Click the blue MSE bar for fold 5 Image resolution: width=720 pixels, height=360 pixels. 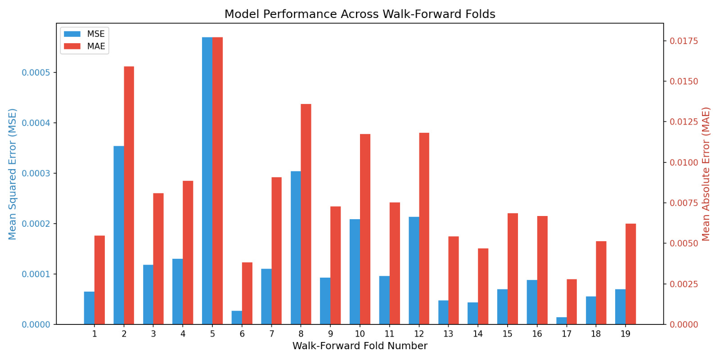tap(207, 180)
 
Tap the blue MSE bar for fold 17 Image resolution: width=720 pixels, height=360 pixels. tap(562, 321)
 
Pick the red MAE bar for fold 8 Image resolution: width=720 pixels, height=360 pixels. tap(306, 214)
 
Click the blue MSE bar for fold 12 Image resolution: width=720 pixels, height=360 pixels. tap(414, 270)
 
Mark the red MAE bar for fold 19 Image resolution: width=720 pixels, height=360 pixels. tap(630, 274)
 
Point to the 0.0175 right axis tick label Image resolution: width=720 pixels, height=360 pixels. tap(684, 41)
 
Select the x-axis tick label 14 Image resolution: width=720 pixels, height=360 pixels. tap(477, 334)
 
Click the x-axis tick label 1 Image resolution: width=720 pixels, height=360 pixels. tap(94, 334)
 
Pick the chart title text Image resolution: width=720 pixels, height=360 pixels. tap(360, 14)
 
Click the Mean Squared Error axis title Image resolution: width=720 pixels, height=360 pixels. tap(12, 174)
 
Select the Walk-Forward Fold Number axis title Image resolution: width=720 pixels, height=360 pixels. tap(360, 346)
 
